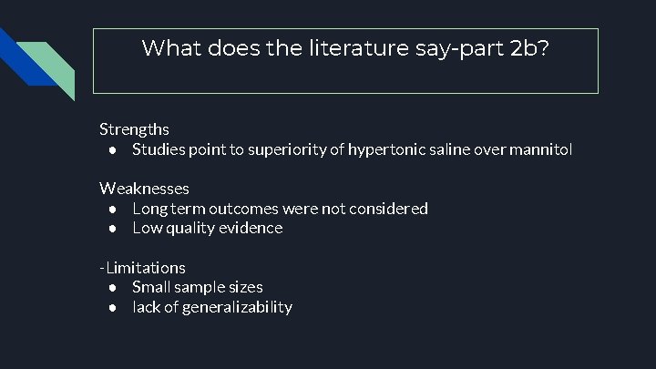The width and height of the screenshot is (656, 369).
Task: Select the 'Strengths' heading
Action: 134,129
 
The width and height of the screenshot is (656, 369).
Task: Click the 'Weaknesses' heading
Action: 144,189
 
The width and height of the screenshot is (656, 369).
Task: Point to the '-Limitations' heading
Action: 142,268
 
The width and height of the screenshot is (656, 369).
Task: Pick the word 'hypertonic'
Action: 382,149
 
